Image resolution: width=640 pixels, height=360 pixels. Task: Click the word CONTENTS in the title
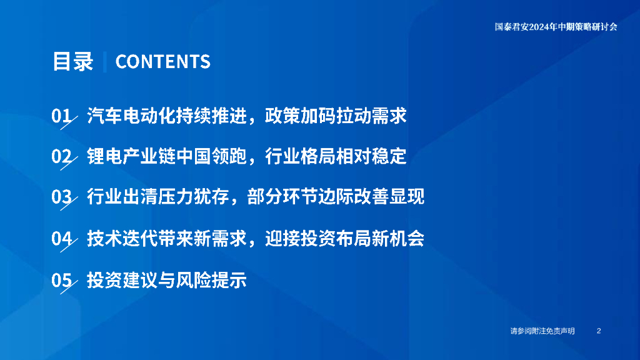click(163, 62)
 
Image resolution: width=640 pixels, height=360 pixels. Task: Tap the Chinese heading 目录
click(73, 62)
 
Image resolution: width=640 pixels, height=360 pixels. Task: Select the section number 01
click(62, 116)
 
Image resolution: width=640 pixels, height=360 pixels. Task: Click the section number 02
click(62, 156)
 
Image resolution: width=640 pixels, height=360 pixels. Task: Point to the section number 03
click(62, 197)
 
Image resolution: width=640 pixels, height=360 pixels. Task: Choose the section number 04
click(62, 238)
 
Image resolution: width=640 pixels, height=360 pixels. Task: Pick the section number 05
click(62, 280)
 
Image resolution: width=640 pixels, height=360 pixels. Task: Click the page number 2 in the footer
click(599, 331)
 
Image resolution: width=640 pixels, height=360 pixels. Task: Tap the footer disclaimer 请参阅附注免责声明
click(542, 331)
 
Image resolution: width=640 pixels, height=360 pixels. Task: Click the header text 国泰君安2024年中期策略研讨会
click(556, 27)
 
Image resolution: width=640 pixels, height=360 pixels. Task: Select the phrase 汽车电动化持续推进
click(167, 116)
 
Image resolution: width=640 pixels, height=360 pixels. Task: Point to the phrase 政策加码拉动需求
click(336, 116)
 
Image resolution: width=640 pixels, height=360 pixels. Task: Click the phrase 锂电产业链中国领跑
click(167, 156)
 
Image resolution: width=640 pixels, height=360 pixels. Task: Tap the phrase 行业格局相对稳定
click(336, 156)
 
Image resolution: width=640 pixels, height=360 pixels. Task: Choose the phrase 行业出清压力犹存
click(158, 197)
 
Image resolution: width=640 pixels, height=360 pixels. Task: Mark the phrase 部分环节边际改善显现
click(336, 197)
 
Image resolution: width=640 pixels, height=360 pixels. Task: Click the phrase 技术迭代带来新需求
click(167, 238)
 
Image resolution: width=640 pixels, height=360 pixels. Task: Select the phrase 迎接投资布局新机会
click(345, 238)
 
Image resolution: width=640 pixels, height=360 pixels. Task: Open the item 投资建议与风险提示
click(167, 280)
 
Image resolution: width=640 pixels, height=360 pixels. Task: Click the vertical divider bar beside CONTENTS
click(105, 62)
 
